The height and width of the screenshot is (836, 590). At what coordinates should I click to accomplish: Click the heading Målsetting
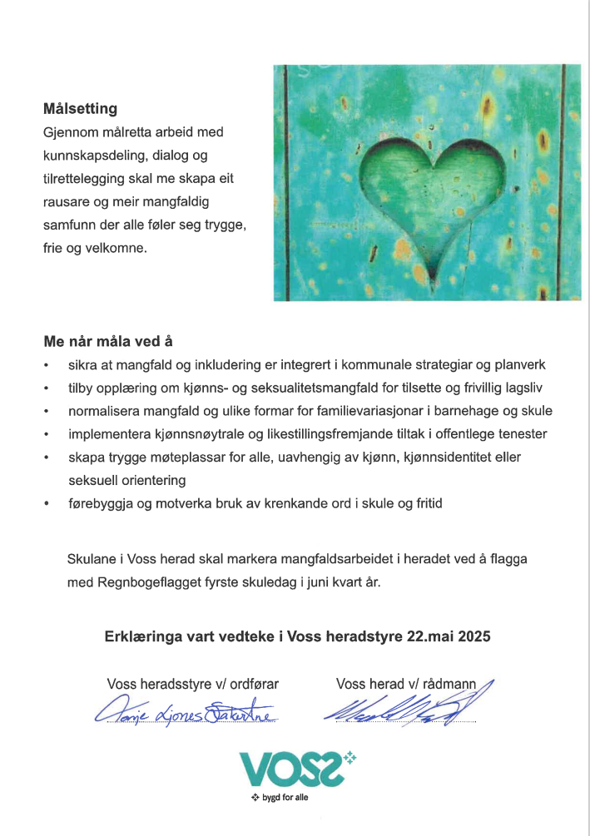point(80,109)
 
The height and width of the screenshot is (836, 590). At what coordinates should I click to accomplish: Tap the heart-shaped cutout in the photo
point(426,199)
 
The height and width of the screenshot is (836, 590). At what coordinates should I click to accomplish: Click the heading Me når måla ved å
point(108,341)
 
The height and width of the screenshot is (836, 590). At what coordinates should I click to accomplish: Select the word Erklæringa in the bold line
point(139,636)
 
